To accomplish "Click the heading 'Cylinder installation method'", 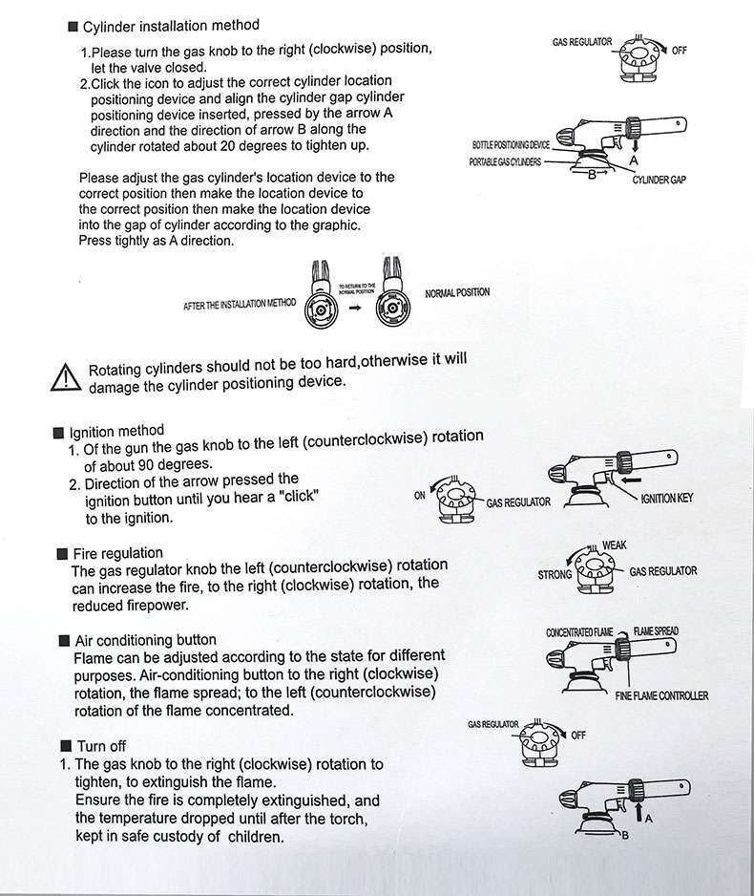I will (170, 25).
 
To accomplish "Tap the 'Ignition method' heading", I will (115, 431).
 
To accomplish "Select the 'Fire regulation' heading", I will (117, 553).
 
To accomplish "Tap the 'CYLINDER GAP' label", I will (660, 180).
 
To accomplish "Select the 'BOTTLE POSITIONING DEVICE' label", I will (511, 144).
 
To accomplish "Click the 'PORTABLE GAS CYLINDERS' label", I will (505, 162).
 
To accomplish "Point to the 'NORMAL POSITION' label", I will (457, 292).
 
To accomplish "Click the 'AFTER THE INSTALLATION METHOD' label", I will (240, 304).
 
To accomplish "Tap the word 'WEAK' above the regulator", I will (614, 544).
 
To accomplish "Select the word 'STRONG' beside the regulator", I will (555, 575).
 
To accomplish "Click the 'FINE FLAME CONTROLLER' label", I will (662, 695).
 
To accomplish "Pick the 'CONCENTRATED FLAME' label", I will (579, 632).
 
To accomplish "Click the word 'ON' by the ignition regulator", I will (420, 496).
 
